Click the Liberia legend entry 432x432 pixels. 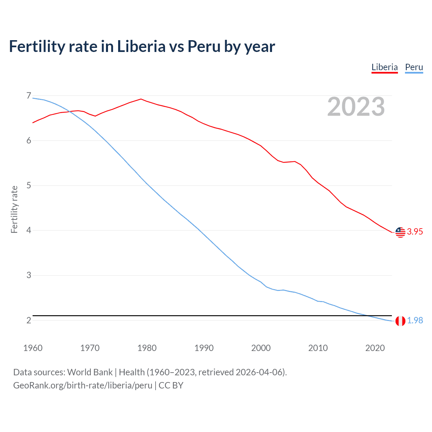point(384,67)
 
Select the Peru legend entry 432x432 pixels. point(414,67)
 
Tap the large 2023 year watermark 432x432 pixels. point(356,107)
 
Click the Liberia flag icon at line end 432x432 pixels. point(400,232)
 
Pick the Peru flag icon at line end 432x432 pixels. point(400,321)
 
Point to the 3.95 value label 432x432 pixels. point(415,232)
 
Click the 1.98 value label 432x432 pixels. point(415,320)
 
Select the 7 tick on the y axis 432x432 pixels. point(29,96)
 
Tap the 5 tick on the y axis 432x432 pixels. point(29,185)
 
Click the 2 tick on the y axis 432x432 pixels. point(29,320)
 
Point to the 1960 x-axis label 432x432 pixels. point(33,348)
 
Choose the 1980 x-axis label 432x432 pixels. point(147,348)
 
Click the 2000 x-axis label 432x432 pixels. point(261,348)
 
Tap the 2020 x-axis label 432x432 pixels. point(375,348)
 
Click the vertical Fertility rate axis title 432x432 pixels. point(14,209)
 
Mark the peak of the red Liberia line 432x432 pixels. point(141,99)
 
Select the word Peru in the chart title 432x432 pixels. point(204,46)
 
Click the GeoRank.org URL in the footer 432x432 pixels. point(83,385)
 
